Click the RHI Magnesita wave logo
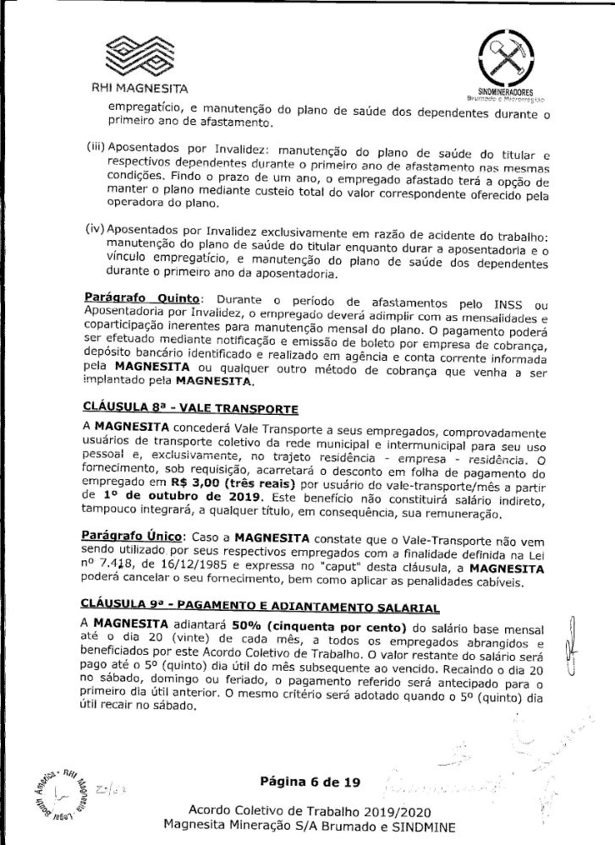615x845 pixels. click(139, 54)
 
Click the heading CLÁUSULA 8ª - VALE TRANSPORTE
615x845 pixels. click(191, 409)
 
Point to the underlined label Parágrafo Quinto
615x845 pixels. click(142, 299)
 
